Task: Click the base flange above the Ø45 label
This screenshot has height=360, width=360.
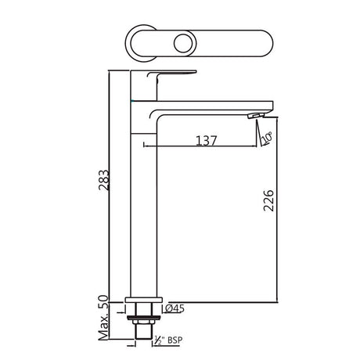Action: (x=144, y=301)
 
